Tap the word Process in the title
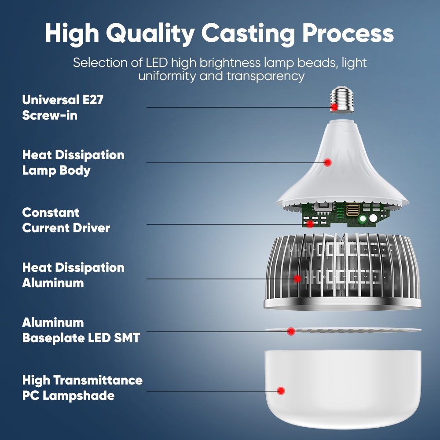click(x=348, y=33)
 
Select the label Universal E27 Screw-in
click(x=62, y=107)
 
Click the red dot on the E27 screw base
click(x=334, y=107)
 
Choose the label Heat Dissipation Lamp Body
click(x=73, y=162)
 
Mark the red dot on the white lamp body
click(x=327, y=162)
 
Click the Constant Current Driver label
click(x=66, y=220)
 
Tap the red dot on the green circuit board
click(x=310, y=224)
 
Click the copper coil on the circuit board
click(x=353, y=209)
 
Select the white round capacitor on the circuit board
click(x=373, y=218)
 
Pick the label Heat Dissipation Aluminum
click(x=73, y=275)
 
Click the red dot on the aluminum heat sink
click(x=297, y=278)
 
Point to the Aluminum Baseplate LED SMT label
click(x=81, y=330)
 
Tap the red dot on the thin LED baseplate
click(x=291, y=331)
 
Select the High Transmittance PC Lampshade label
click(x=82, y=387)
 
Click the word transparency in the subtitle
click(x=265, y=76)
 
